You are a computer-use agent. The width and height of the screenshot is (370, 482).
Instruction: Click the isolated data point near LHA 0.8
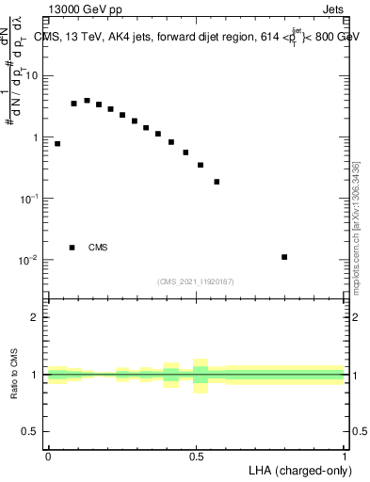[x=284, y=257]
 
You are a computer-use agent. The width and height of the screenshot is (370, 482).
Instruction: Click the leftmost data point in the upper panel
[x=57, y=144]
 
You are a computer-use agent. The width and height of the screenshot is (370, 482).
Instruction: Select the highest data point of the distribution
[x=87, y=101]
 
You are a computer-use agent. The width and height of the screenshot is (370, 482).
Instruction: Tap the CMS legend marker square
[x=72, y=248]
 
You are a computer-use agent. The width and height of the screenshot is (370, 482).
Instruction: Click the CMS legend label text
[x=98, y=248]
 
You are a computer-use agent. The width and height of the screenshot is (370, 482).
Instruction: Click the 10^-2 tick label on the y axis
[x=29, y=260]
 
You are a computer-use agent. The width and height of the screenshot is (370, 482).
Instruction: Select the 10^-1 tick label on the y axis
[x=29, y=199]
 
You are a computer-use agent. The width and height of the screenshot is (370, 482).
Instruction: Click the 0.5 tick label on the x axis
[x=197, y=457]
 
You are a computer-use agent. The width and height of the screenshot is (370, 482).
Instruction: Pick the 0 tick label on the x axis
[x=48, y=457]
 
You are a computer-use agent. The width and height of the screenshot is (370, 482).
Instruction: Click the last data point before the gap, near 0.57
[x=217, y=182]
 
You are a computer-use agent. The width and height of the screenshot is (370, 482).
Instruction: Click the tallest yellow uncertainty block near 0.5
[x=200, y=376]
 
